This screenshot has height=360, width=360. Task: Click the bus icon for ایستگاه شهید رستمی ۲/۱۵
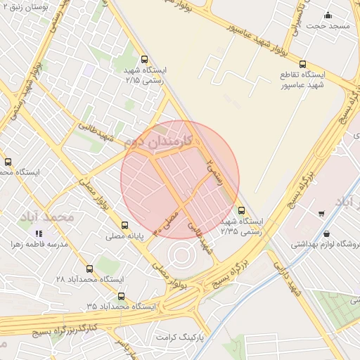145,60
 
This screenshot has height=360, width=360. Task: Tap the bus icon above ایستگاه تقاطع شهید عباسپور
302,64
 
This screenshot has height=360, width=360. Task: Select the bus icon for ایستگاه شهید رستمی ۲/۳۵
242,210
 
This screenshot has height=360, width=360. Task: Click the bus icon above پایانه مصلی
125,226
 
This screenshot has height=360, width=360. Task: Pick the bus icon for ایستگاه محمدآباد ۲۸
89,269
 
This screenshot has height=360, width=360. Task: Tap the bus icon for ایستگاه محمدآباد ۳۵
121,296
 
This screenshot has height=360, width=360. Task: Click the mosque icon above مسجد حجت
328,15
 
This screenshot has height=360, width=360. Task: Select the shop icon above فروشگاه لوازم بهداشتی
326,233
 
